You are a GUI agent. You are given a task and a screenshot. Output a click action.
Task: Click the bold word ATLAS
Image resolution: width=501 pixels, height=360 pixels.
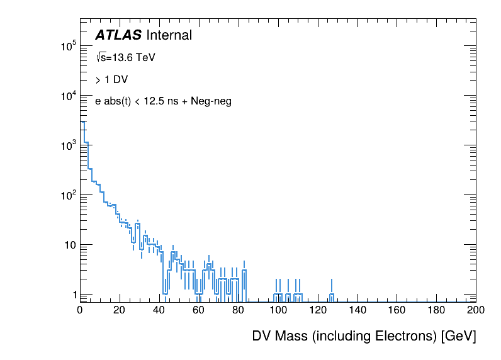click(118, 36)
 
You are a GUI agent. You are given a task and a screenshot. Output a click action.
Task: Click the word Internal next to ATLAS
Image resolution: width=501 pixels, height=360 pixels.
click(169, 36)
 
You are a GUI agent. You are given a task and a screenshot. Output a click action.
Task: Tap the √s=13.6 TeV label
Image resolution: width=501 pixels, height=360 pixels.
click(125, 57)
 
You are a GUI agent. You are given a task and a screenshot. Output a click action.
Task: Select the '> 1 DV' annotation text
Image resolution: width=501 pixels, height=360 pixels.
click(111, 79)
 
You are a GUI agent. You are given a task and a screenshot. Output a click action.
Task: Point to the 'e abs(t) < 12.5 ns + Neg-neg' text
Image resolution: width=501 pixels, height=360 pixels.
click(163, 101)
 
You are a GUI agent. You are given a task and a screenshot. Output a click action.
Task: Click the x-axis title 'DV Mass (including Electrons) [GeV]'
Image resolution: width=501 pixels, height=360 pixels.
click(364, 336)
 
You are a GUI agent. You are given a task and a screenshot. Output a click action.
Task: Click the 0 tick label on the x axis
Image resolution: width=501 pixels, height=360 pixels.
click(80, 310)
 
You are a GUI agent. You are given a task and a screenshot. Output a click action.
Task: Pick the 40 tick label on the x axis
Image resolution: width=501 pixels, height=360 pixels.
click(159, 310)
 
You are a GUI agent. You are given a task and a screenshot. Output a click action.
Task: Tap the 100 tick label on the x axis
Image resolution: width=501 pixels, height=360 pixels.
click(278, 310)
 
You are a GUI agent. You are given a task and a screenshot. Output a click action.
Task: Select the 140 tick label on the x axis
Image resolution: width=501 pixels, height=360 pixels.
click(357, 310)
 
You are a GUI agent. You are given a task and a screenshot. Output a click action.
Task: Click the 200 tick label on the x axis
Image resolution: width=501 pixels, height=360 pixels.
click(476, 310)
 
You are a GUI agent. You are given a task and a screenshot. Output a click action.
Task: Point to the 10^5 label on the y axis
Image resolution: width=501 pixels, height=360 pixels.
click(68, 47)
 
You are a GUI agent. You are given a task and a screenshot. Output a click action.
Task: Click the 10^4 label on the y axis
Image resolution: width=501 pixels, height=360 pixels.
click(68, 96)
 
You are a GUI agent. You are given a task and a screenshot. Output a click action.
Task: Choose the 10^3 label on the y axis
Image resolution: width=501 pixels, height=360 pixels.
click(68, 145)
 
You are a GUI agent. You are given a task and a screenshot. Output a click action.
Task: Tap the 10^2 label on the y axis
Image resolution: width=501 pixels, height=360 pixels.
click(68, 195)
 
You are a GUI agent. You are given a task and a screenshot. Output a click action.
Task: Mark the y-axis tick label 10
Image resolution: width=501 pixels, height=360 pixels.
click(70, 244)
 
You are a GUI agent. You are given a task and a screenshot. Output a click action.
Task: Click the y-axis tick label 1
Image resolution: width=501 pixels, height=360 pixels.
click(73, 294)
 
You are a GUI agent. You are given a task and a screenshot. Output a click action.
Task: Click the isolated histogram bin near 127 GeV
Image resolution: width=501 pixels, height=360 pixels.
click(332, 295)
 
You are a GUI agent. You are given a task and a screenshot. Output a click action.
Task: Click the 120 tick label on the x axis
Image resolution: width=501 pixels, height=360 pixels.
click(318, 310)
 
